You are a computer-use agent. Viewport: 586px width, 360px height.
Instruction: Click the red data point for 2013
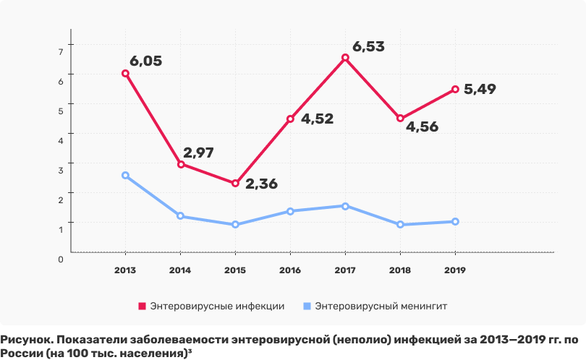(x=125, y=73)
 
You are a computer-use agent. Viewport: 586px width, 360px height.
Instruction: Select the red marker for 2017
(x=345, y=58)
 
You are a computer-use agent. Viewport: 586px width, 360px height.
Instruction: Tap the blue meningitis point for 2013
(x=125, y=176)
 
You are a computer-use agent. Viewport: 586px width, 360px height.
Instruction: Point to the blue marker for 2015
(x=235, y=225)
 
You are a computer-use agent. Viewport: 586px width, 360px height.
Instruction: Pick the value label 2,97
(x=199, y=153)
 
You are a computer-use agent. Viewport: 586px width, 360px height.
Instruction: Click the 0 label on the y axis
(x=61, y=258)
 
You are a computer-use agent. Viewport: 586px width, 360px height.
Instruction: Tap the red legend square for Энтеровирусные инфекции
(x=143, y=306)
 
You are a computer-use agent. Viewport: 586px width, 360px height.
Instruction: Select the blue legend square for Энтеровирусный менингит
(x=307, y=306)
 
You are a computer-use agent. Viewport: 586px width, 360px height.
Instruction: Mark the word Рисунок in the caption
(x=24, y=340)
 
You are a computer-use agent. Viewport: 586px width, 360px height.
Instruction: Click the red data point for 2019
(x=455, y=90)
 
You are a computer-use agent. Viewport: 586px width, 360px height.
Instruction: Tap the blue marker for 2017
(x=345, y=206)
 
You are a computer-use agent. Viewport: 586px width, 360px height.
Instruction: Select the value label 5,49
(x=480, y=90)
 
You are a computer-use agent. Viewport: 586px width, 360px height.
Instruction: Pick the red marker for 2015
(x=235, y=184)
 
